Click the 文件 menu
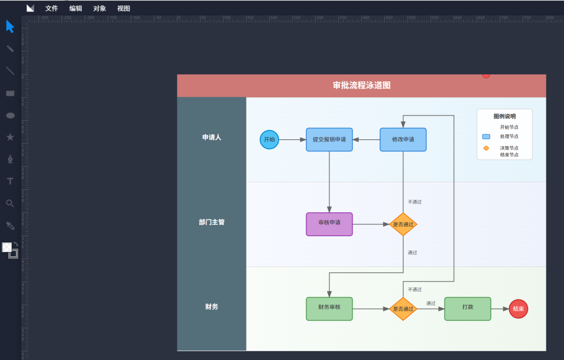[x=51, y=8]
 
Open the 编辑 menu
[x=75, y=8]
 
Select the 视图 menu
[x=123, y=8]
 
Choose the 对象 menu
[x=100, y=8]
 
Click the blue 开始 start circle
[x=269, y=139]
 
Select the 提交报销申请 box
[x=329, y=139]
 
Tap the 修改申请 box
[x=403, y=139]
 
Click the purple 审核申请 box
[x=329, y=224]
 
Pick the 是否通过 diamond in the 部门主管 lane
[x=403, y=225]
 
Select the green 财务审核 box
[x=329, y=309]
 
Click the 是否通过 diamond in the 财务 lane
[x=403, y=309]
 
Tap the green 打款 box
[x=468, y=309]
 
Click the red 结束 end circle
[x=518, y=309]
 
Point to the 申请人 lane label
[x=211, y=138]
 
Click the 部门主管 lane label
[x=211, y=222]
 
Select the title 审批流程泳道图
[x=361, y=85]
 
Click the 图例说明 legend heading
[x=505, y=116]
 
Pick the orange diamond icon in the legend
[x=486, y=148]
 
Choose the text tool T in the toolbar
[x=10, y=181]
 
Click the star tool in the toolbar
[x=10, y=137]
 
